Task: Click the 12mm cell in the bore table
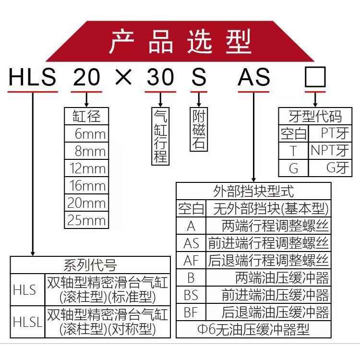tap(86, 168)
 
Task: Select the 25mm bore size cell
tap(86, 220)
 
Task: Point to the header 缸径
tap(86, 117)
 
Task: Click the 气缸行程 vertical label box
tap(160, 135)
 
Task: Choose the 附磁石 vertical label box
tap(198, 130)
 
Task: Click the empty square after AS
tap(315, 77)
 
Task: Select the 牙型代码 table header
tap(315, 117)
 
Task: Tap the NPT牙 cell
tap(329, 150)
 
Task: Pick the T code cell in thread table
tap(293, 150)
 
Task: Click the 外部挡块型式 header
tap(253, 191)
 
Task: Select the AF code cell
tap(191, 260)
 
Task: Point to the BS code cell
tap(191, 295)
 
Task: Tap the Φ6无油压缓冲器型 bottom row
tap(253, 329)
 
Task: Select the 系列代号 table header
tap(90, 264)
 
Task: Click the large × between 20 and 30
tap(124, 77)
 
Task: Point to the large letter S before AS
tap(199, 77)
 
